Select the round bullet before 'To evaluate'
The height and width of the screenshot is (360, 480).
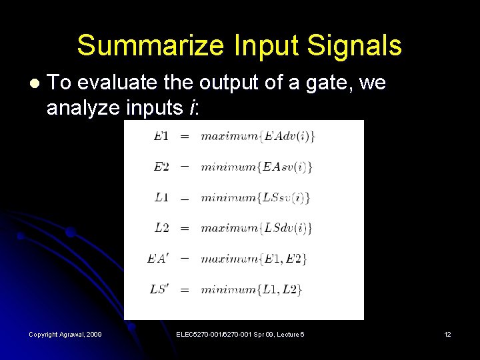[x=35, y=85]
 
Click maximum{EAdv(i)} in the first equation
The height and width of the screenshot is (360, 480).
[x=258, y=136]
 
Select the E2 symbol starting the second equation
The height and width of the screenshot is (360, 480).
[x=161, y=167]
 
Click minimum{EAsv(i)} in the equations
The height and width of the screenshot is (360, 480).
[x=257, y=167]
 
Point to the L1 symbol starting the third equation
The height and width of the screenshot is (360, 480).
[x=161, y=197]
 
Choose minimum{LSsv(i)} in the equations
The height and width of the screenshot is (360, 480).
[x=256, y=197]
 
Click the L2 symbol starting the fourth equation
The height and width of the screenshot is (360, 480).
[x=161, y=228]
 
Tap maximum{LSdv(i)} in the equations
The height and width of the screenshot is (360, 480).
[x=257, y=228]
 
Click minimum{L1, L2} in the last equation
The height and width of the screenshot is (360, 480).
[x=251, y=289]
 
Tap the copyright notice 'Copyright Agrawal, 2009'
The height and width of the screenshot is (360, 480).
[x=65, y=334]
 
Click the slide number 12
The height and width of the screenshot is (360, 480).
[x=447, y=334]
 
